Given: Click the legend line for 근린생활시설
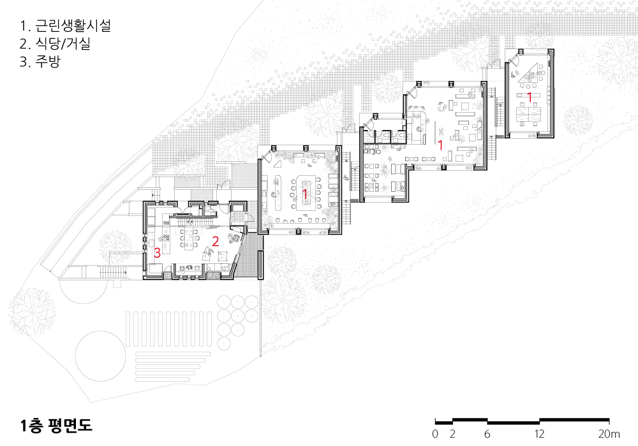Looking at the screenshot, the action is (x=65, y=25).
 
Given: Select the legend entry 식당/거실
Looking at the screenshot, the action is (x=55, y=43).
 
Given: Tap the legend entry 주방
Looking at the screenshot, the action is (x=40, y=61).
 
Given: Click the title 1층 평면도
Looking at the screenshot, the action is (x=56, y=425).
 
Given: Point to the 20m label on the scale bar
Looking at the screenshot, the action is (x=609, y=434).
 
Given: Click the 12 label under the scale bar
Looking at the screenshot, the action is (x=539, y=434).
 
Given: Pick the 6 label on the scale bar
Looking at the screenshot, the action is (x=487, y=434).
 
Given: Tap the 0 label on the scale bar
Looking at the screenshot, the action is (x=435, y=434).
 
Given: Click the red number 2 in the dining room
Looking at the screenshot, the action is (x=215, y=241).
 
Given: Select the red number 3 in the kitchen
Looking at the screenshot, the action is (x=157, y=253).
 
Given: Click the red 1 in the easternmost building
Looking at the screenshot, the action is (x=530, y=97).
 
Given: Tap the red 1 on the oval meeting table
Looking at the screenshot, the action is (x=305, y=194).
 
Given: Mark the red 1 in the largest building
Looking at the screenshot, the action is (x=440, y=145).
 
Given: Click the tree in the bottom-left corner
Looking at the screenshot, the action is (x=32, y=312).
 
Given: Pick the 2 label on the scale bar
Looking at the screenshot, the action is (x=452, y=434).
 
